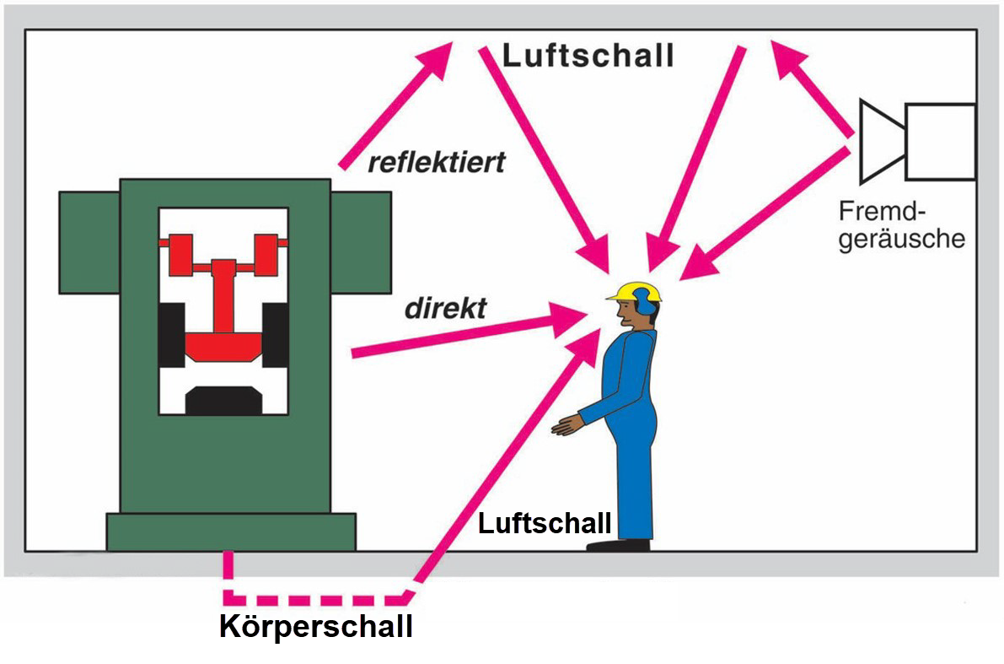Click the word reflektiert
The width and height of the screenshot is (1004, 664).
(437, 162)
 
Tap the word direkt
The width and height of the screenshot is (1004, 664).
(445, 309)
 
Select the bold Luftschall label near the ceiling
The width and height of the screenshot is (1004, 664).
(588, 57)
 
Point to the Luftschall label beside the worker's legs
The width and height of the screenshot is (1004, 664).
(545, 523)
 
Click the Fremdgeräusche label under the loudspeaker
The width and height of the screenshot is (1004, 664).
(901, 225)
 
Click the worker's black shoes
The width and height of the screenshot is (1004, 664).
(620, 545)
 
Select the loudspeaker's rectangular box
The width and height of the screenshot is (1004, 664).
(940, 142)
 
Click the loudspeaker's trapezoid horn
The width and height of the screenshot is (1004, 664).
(882, 141)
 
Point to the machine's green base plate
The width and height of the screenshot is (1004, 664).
(230, 532)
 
